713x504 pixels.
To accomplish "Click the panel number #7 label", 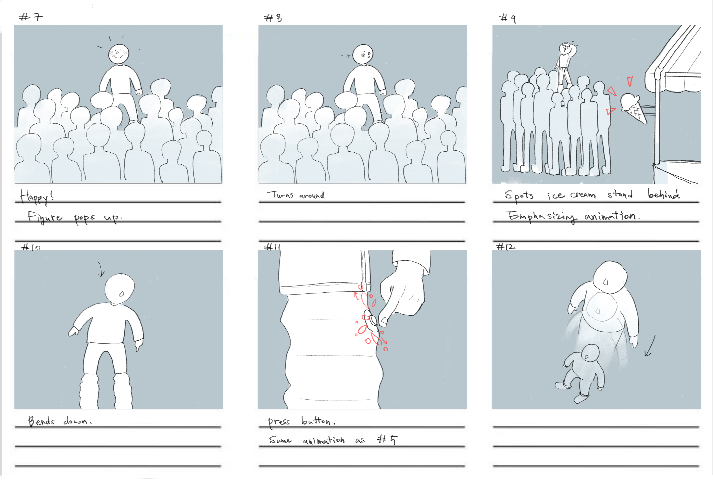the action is pos(30,17).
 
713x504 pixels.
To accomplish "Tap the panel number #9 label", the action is pos(508,18).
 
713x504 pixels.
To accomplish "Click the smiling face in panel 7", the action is pos(118,54).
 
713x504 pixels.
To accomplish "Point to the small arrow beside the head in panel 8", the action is pos(345,56).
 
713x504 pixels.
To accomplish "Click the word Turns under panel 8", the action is pos(280,195).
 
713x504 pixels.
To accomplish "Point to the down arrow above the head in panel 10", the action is pos(100,269).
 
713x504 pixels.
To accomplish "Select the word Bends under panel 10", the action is pos(41,421).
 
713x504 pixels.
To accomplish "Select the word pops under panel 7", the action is pos(84,218).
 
